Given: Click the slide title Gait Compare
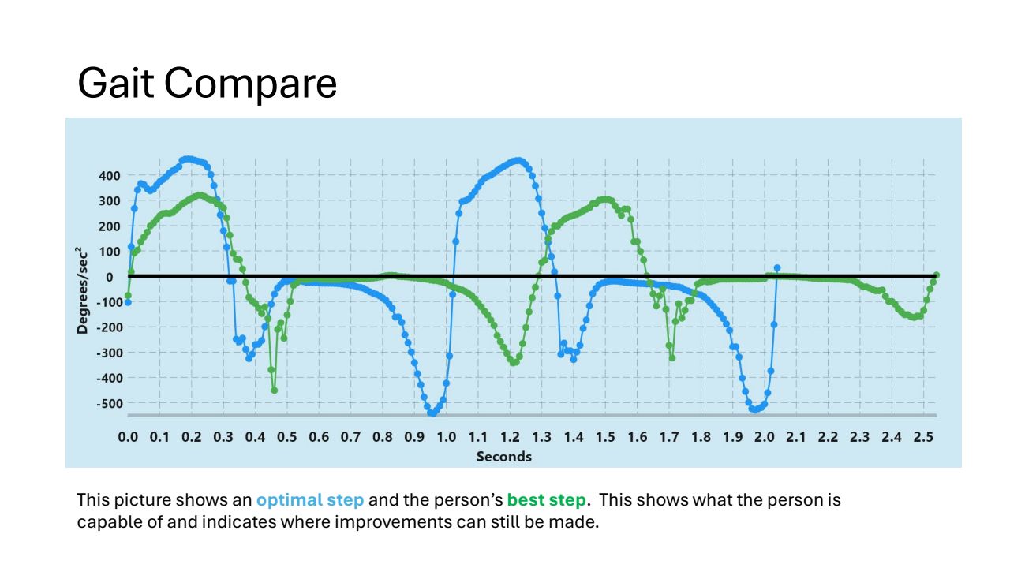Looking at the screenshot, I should tap(207, 83).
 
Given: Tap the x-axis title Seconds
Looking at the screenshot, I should tap(503, 457).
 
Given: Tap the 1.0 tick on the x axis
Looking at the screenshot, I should tap(446, 437).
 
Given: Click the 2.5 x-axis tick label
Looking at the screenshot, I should tap(923, 437).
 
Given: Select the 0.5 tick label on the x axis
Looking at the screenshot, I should tap(286, 437).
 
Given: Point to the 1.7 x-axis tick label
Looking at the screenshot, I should tap(668, 437).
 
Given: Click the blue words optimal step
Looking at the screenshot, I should tap(309, 500).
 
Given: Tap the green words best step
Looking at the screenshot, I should tap(546, 500).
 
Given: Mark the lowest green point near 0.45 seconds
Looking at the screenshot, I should tap(275, 390).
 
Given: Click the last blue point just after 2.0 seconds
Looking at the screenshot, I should tap(777, 268).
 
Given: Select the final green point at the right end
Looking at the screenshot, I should tap(937, 275).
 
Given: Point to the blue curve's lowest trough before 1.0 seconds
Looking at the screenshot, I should tap(432, 413).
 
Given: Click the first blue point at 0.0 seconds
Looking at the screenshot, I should tap(128, 302).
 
